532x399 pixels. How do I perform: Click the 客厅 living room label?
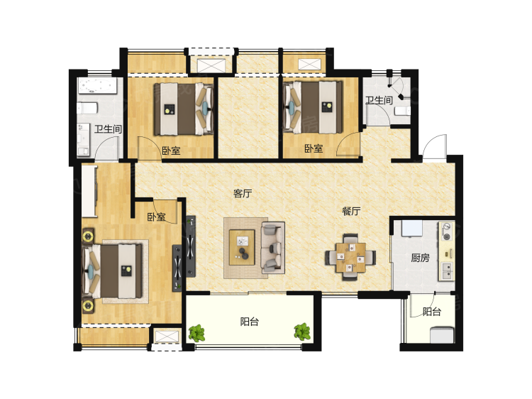coord(243,194)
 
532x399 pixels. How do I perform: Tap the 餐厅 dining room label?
coord(351,212)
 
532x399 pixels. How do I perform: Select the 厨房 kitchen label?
coord(420,258)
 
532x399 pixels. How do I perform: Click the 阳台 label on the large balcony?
coord(250,322)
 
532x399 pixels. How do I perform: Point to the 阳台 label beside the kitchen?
coord(431,312)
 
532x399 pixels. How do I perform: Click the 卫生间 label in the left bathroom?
coord(108,129)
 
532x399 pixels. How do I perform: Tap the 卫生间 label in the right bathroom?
coord(379,100)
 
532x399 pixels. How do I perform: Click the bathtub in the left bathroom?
coord(97,86)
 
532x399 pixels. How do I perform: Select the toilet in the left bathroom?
coord(87,109)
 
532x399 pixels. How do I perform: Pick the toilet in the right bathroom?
coord(403,111)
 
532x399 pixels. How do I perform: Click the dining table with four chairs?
coord(350,257)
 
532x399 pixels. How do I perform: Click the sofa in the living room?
coord(272,248)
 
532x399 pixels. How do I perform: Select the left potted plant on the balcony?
coord(196,333)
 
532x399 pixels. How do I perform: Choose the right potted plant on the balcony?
coord(302,332)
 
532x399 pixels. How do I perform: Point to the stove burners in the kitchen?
coord(447,231)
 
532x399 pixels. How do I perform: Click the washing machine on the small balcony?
coord(442,334)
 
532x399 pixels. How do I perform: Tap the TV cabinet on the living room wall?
coord(191,246)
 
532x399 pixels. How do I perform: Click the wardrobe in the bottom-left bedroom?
coord(89,191)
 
